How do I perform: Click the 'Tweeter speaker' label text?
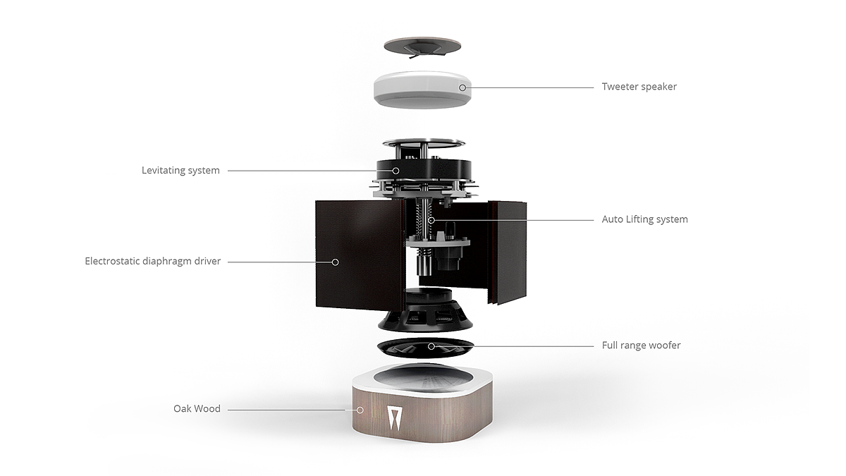click(639, 87)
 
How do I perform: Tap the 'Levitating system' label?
click(180, 171)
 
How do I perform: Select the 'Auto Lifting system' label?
click(644, 219)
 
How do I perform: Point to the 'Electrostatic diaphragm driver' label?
click(152, 262)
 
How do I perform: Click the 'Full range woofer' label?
click(641, 346)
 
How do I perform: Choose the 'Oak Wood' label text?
click(197, 409)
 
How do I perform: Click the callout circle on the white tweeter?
click(462, 87)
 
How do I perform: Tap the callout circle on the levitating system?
click(396, 171)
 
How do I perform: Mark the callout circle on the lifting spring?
click(431, 220)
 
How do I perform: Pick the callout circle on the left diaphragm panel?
click(335, 262)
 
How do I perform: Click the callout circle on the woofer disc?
click(431, 346)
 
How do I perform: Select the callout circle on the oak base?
click(360, 410)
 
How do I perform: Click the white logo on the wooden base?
click(394, 418)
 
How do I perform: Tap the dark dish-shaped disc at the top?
click(422, 47)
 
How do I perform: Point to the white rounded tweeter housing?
click(422, 90)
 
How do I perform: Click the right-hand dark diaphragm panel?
click(508, 252)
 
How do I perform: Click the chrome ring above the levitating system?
click(424, 144)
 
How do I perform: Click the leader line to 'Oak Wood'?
click(286, 410)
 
